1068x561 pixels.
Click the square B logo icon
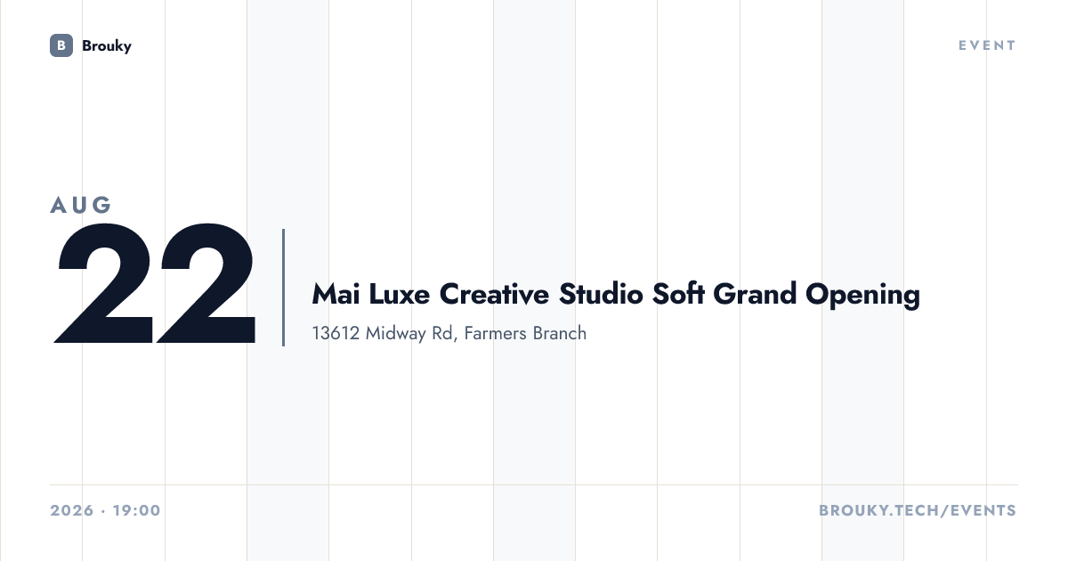tap(61, 45)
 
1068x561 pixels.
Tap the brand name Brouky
tap(106, 45)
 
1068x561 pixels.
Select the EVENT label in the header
tap(987, 45)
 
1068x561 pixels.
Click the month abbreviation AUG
tap(81, 205)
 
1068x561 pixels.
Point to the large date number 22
tap(155, 283)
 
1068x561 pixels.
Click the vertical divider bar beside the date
tap(283, 287)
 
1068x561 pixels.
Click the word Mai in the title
tap(336, 294)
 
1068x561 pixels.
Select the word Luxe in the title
tap(399, 294)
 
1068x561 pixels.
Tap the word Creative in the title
tap(494, 294)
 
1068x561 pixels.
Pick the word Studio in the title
tap(601, 294)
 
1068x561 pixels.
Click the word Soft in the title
tap(678, 294)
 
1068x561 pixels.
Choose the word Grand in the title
tap(755, 294)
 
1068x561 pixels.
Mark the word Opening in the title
tap(863, 296)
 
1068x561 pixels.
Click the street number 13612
tap(336, 333)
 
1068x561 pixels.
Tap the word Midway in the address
tap(395, 334)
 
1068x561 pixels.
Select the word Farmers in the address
tap(495, 333)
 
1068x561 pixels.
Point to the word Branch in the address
tap(559, 333)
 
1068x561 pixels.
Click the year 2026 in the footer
tap(72, 510)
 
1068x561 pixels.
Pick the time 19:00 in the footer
tap(137, 510)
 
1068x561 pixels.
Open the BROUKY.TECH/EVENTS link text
tap(918, 510)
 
